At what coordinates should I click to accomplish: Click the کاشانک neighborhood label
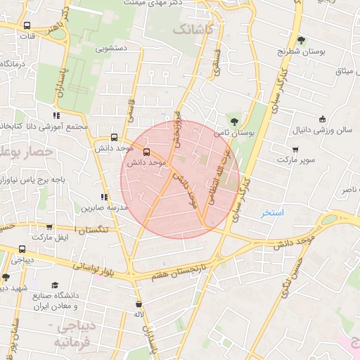191,30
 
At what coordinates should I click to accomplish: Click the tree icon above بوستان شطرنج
301,40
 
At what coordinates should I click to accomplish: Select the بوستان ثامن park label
236,131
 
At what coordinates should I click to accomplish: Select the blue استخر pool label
272,212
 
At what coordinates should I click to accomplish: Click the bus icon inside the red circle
146,151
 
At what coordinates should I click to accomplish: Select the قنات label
27,36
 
